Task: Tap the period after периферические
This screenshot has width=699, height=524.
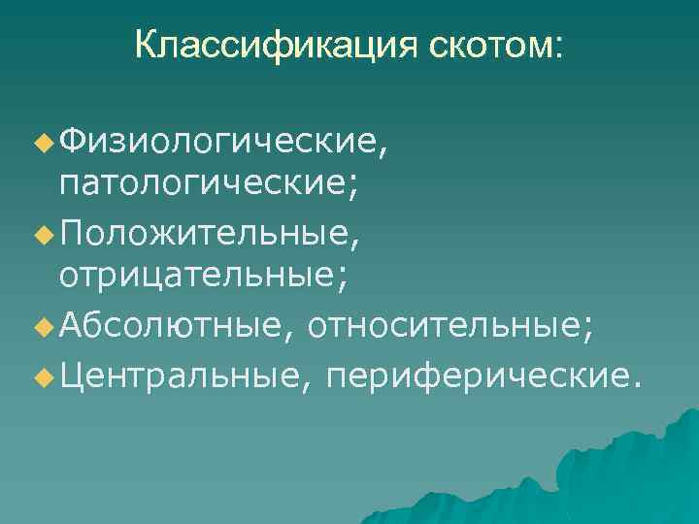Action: [636, 379]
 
